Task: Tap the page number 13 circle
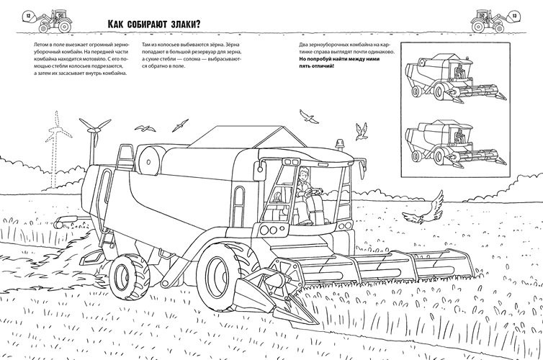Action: (515, 16)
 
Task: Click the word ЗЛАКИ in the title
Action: (183, 24)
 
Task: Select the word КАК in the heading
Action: (115, 24)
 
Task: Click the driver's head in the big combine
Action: (303, 173)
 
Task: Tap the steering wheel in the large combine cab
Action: (316, 192)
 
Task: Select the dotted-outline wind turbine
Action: (55, 147)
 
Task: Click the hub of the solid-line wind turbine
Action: (92, 130)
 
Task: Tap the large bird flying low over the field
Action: (424, 209)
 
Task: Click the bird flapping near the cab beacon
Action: (361, 131)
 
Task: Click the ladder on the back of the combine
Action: (125, 157)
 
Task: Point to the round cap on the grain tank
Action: (148, 162)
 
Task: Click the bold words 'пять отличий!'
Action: (317, 66)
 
